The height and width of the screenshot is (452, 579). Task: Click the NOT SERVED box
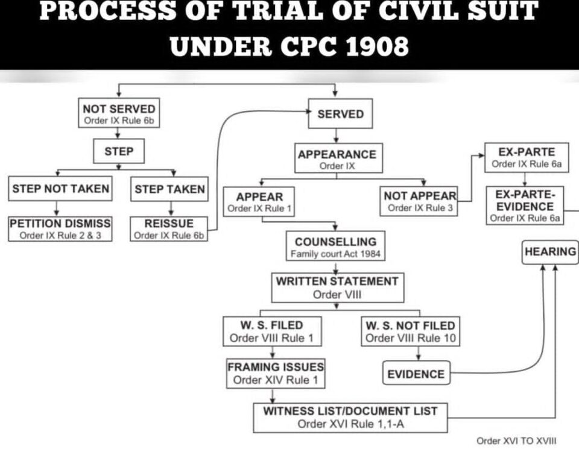point(119,113)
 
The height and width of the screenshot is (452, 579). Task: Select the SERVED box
point(340,114)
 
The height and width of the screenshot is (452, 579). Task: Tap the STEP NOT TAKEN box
point(60,189)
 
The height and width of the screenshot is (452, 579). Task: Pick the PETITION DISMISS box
point(60,229)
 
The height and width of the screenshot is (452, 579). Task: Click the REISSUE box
point(169,229)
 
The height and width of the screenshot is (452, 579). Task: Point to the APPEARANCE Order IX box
point(338,158)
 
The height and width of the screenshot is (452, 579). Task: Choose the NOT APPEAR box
point(419,201)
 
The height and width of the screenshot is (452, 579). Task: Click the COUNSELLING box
point(335,246)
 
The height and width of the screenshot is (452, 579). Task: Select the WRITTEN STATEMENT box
point(338,288)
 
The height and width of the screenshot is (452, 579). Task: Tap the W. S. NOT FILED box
point(410,331)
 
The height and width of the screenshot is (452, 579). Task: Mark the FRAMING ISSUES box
point(276,374)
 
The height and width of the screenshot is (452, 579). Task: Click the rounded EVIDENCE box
point(416,373)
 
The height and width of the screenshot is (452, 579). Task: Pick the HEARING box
point(550,253)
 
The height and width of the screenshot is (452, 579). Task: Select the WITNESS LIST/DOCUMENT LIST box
point(350,418)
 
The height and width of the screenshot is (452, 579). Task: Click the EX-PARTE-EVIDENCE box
point(525,206)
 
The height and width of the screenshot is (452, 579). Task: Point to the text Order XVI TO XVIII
point(516,441)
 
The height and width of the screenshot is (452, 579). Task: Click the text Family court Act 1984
point(335,254)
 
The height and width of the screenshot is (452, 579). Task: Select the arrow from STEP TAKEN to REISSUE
point(171,209)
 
